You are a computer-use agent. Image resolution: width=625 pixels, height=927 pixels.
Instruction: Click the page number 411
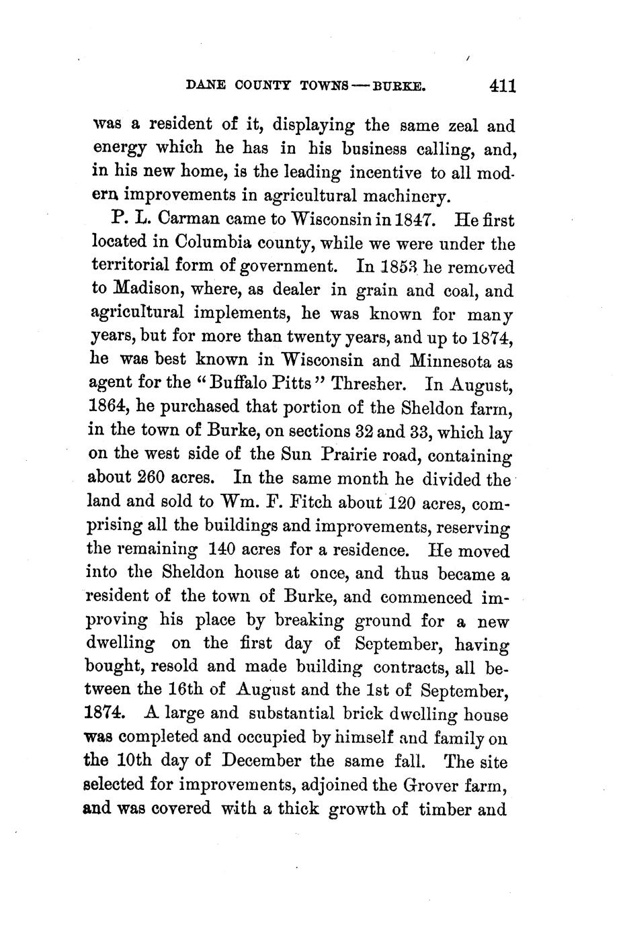click(502, 86)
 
